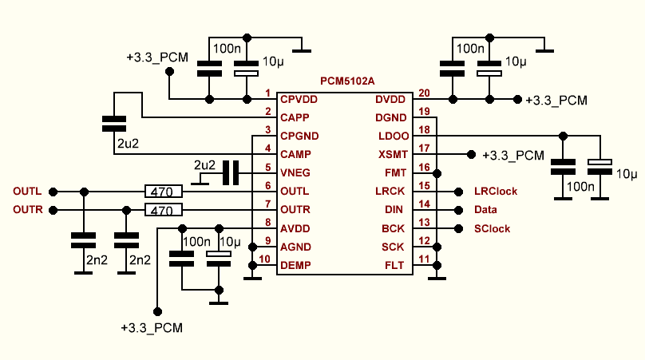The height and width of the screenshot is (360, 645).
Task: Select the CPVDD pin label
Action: point(299,99)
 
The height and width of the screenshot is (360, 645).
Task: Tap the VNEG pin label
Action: point(295,172)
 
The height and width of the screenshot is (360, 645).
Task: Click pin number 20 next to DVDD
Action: point(424,93)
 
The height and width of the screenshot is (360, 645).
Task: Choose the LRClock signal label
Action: point(496,192)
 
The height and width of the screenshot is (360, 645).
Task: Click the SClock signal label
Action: point(492,229)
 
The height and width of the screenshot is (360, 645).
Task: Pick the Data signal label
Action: point(485,210)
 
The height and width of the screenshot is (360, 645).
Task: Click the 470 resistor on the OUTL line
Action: point(164,192)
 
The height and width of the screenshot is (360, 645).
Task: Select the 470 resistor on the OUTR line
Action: point(164,211)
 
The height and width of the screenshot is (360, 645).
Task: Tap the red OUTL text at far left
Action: point(27,192)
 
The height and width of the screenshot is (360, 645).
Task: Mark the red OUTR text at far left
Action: point(27,210)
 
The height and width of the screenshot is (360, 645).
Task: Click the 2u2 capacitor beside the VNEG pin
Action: point(231,173)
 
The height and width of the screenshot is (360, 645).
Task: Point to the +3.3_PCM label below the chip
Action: point(152,328)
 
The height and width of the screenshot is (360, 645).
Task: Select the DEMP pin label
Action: point(295,265)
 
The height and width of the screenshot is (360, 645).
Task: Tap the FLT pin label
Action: point(394,265)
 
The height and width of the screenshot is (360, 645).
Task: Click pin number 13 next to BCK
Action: point(424,222)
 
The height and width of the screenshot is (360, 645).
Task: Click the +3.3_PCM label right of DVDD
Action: point(556,100)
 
